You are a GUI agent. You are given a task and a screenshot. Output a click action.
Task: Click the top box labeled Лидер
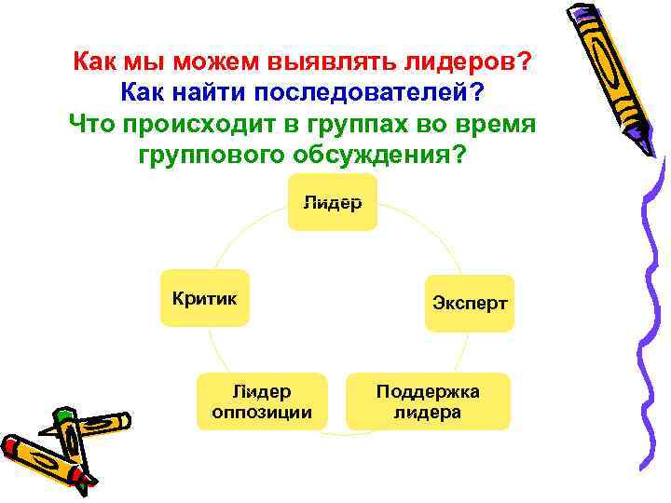(332, 202)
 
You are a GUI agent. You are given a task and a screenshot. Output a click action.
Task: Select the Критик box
(205, 298)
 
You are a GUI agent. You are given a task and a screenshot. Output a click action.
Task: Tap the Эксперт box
(470, 303)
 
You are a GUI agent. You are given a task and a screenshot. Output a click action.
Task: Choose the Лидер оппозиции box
(262, 401)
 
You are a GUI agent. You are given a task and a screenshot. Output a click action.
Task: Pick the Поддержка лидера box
(428, 401)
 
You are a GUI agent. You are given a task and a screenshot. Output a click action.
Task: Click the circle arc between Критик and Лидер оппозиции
(217, 350)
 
